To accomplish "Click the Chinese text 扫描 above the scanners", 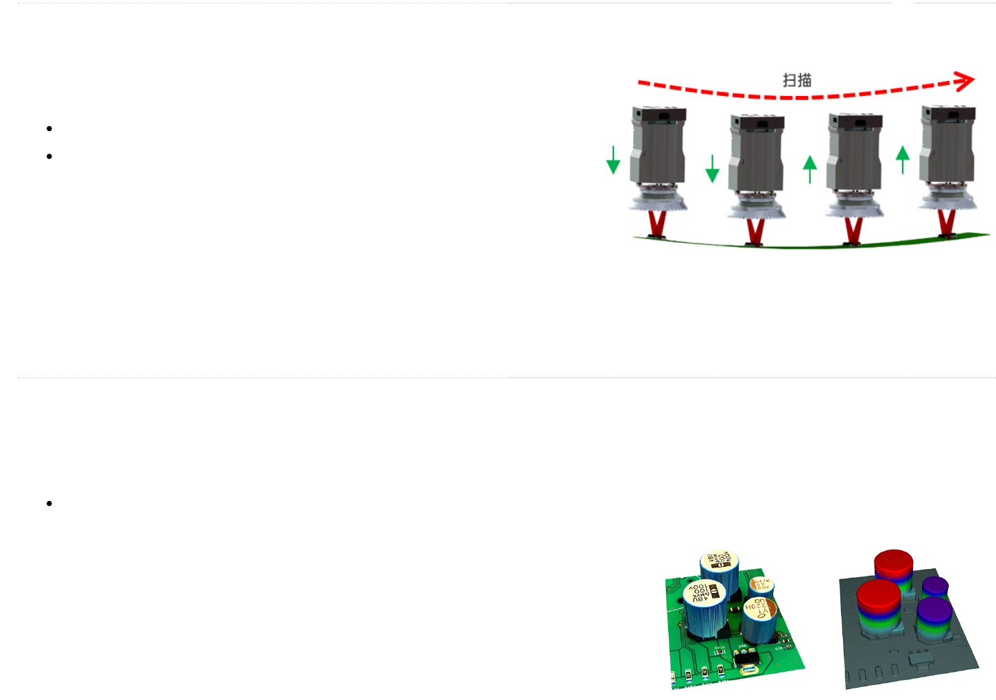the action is tap(797, 80).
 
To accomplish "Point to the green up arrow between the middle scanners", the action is tap(810, 169).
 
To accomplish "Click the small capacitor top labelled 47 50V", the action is tap(761, 585).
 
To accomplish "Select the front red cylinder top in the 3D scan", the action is tap(878, 594).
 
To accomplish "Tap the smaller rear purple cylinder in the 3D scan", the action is tap(935, 587).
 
